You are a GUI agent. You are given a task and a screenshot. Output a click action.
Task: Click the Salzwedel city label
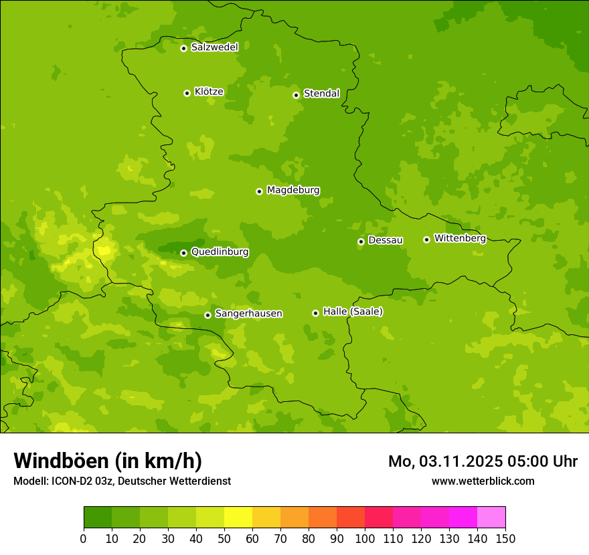pos(214,47)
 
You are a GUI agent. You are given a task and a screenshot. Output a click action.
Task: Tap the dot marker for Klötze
pos(187,93)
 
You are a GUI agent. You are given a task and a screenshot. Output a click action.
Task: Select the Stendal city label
pos(321,94)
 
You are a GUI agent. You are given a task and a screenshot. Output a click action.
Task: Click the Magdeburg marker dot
pos(259,191)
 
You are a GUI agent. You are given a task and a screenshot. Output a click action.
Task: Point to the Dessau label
pos(386,240)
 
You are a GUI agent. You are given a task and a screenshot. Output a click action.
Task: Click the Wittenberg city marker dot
pos(426,239)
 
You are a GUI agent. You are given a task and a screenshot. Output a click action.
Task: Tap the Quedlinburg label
pos(220,252)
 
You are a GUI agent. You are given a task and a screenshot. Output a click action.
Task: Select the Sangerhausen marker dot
pos(207,315)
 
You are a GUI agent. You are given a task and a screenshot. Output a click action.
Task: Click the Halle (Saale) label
pos(353,312)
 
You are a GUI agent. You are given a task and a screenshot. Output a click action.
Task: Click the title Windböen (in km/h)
pos(108,461)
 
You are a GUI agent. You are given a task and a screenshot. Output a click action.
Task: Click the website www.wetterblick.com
pos(483,481)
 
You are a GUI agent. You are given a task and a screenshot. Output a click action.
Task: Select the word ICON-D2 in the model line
pos(73,481)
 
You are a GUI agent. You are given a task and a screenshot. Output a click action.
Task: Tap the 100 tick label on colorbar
pos(364,538)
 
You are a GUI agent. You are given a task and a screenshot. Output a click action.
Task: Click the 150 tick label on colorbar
pos(505,538)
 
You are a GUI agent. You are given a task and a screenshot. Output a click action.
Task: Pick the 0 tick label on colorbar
pos(84,538)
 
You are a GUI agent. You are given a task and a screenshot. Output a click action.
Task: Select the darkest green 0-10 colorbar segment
pos(98,518)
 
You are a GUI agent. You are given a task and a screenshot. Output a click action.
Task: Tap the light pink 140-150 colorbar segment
pos(491,518)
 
